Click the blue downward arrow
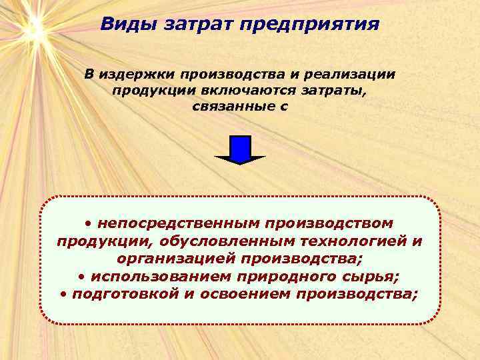tap(240, 149)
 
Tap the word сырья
tap(370, 276)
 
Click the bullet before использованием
tap(81, 276)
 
